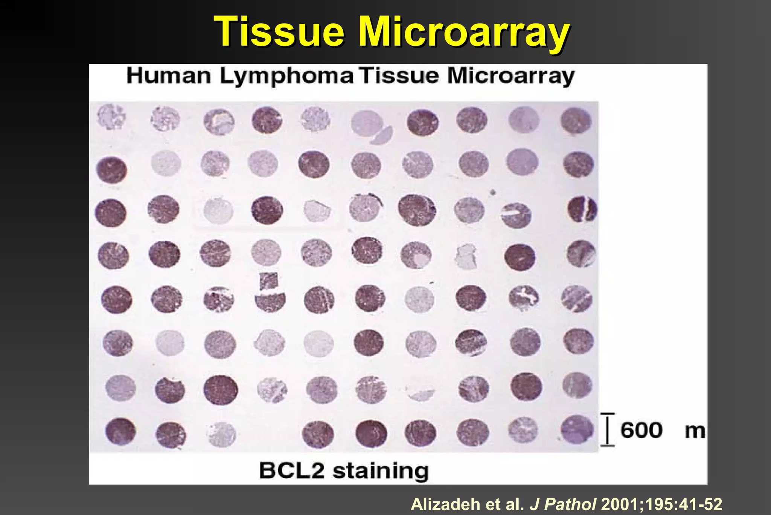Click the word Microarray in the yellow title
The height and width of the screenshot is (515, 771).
tap(463, 32)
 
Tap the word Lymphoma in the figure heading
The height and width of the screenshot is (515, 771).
tap(286, 77)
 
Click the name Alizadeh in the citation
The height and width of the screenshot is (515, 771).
tap(445, 504)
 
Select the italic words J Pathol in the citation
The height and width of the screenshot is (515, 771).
tap(562, 504)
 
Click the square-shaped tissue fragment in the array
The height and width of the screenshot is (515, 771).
tap(269, 281)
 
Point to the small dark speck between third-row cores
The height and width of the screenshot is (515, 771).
tap(493, 193)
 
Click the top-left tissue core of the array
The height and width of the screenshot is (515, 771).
tap(111, 117)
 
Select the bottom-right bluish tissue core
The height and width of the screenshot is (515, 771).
tap(576, 429)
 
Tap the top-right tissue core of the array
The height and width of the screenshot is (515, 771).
tap(576, 121)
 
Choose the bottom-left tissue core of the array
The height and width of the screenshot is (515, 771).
tap(120, 431)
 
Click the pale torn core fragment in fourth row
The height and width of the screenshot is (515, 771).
tap(466, 256)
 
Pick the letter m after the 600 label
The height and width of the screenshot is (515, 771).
tap(695, 431)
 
